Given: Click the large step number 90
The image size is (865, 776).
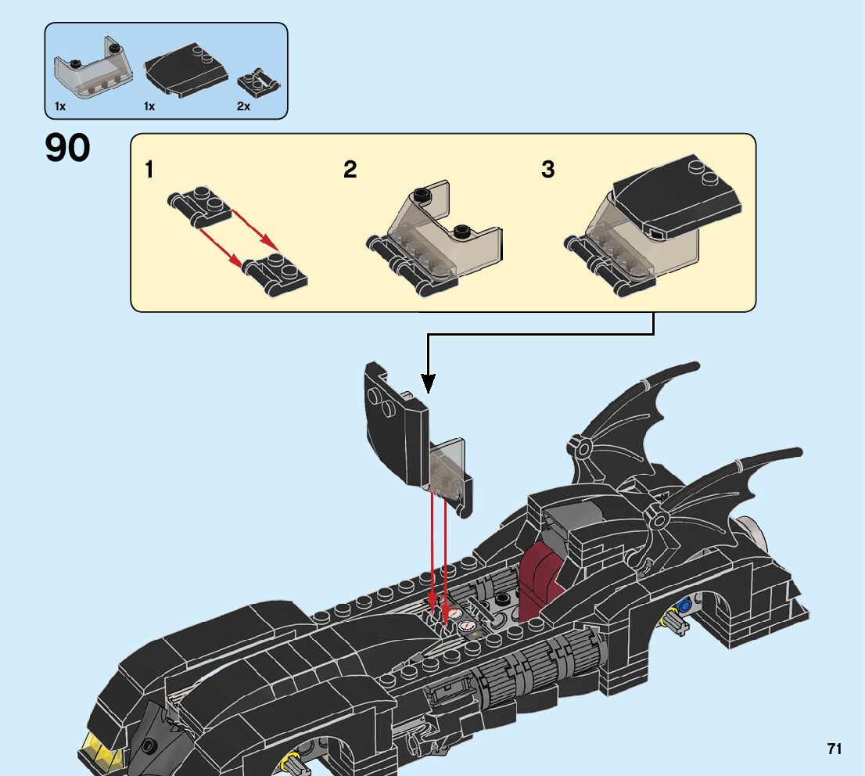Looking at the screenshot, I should pyautogui.click(x=68, y=149).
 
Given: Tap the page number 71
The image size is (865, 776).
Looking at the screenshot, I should pyautogui.click(x=834, y=749).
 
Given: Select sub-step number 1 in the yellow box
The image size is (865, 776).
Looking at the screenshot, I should pyautogui.click(x=149, y=170).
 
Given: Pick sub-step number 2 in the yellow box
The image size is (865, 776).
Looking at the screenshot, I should pyautogui.click(x=350, y=170).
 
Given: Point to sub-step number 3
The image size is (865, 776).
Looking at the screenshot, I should pyautogui.click(x=548, y=170).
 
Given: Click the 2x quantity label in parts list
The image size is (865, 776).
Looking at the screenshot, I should pyautogui.click(x=243, y=106).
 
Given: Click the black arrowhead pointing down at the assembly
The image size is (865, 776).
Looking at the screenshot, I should pyautogui.click(x=428, y=383).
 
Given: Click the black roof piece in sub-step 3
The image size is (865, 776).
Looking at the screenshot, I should pyautogui.click(x=677, y=195).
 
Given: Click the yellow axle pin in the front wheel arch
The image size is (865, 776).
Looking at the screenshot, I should pyautogui.click(x=294, y=760).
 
